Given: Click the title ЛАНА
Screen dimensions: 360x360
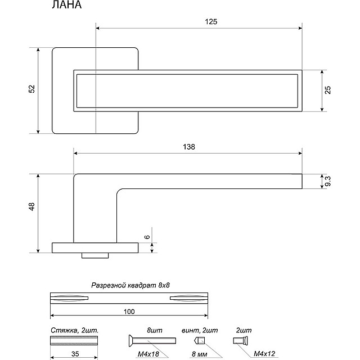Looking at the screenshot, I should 66,6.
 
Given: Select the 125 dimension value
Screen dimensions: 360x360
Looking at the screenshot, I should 211,21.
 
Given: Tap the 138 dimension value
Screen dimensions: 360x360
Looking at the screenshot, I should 189,147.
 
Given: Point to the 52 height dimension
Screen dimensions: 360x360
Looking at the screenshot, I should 32,89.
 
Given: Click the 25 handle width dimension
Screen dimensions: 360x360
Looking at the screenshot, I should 328,90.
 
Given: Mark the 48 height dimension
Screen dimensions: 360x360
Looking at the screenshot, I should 32,206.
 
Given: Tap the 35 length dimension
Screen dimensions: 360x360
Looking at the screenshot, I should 68,355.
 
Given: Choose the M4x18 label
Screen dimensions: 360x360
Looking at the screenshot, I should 148,353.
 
